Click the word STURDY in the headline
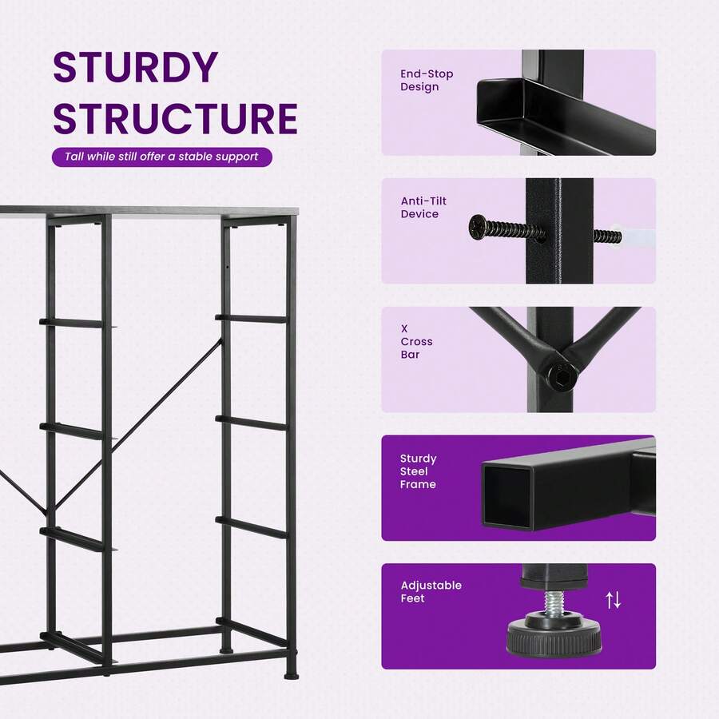(135, 67)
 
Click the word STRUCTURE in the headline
(176, 118)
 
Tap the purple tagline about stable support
(161, 157)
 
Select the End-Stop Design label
(427, 80)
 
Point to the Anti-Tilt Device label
(423, 207)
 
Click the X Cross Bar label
(416, 342)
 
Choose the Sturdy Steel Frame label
(418, 471)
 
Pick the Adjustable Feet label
(431, 591)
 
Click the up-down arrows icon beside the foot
(613, 600)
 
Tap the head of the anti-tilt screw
(478, 228)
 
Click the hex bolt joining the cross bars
(562, 371)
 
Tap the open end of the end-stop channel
(503, 105)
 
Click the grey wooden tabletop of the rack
(149, 211)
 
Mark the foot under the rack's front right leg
(290, 674)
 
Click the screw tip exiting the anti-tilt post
(608, 236)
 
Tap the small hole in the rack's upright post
(227, 266)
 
